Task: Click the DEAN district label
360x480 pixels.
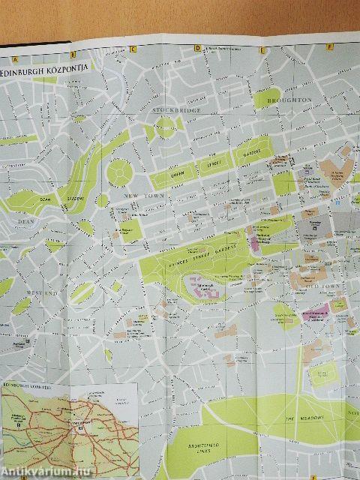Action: (25, 220)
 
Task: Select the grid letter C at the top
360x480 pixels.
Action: (132, 50)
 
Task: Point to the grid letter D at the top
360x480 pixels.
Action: (197, 49)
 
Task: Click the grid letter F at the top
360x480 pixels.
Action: (329, 47)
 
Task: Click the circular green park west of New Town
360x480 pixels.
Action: (119, 172)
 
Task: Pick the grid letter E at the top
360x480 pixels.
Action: (263, 50)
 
